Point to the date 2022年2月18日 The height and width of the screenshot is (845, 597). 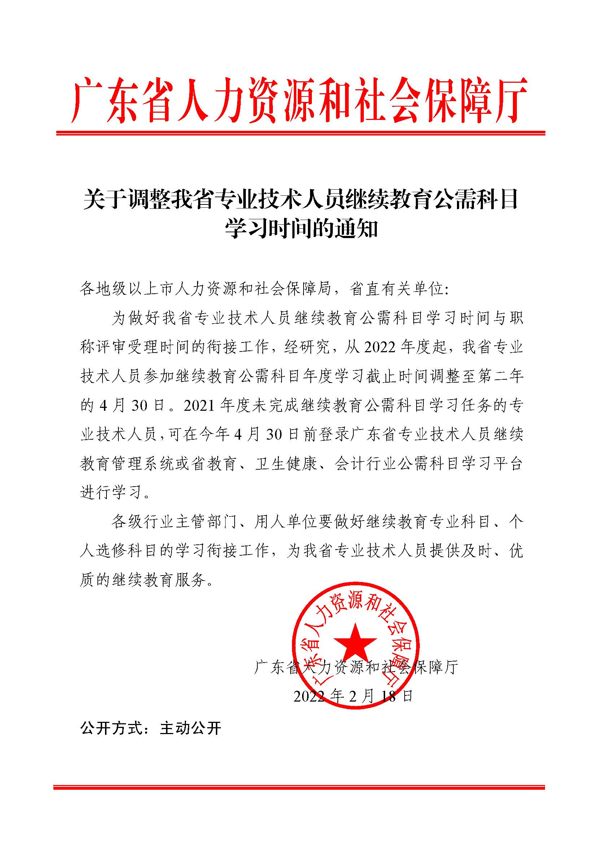pos(353,696)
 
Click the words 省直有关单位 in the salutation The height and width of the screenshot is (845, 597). pos(397,289)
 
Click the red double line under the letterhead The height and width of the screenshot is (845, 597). pos(300,133)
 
